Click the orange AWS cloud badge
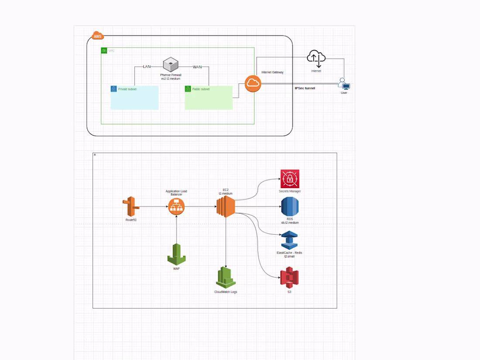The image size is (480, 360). (98, 36)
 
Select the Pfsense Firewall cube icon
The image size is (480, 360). (171, 65)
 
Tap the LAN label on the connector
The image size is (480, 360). (147, 66)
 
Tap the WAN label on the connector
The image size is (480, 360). (197, 66)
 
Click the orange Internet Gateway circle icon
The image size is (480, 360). (253, 83)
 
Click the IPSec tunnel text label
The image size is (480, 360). (305, 88)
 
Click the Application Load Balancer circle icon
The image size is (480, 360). (176, 206)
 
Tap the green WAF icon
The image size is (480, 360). (176, 254)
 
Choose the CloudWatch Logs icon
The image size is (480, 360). (226, 277)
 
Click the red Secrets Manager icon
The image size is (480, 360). (290, 178)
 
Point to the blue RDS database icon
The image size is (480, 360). (289, 207)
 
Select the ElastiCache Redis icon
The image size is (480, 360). (289, 240)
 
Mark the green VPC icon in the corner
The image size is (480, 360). (104, 51)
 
